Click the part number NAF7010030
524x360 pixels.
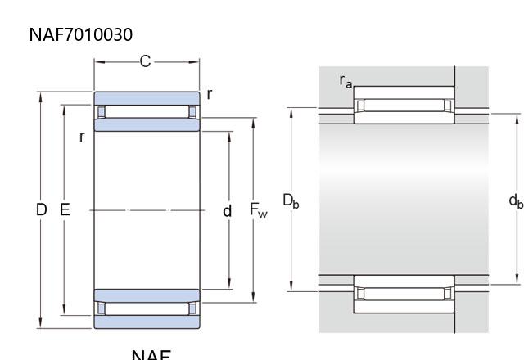[x=80, y=34]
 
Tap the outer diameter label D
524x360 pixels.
[x=42, y=210]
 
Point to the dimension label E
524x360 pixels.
[x=65, y=210]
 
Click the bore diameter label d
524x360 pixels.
[x=228, y=211]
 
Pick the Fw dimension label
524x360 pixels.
[x=258, y=211]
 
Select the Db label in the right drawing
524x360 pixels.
[x=291, y=200]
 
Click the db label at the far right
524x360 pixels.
[x=515, y=200]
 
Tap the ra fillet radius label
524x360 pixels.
[x=346, y=80]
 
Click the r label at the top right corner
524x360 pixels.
[x=210, y=94]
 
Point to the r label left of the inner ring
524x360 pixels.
[x=82, y=137]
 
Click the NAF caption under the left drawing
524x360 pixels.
[x=151, y=355]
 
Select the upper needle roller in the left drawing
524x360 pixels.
[x=147, y=111]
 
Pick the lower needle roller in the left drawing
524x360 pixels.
[x=147, y=308]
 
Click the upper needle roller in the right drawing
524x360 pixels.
[x=404, y=105]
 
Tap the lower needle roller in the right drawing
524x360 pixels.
[x=404, y=292]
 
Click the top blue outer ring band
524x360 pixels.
[x=147, y=97]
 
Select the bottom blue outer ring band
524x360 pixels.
[x=147, y=322]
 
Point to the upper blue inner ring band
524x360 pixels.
[x=147, y=125]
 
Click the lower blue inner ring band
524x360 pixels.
[x=147, y=295]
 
